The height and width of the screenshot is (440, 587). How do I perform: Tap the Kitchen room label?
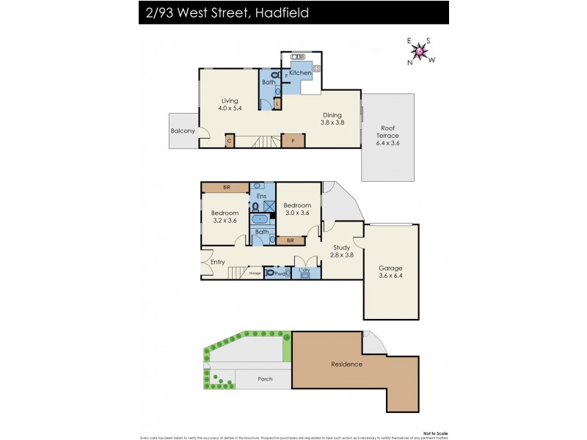pos(299,73)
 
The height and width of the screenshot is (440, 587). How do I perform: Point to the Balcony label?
pos(183,131)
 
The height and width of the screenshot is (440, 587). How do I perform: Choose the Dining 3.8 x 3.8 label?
pos(333,118)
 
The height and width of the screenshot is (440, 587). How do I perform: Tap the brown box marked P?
pos(293,140)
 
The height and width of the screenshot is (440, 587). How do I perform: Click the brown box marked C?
pos(230,140)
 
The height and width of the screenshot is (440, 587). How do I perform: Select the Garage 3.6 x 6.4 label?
pos(390,271)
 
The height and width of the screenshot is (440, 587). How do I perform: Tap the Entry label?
pos(218,262)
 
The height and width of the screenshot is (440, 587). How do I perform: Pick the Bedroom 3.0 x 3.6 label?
pos(297,209)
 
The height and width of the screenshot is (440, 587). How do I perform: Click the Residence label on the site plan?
pos(346,364)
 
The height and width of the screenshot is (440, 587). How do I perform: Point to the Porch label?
pos(265,379)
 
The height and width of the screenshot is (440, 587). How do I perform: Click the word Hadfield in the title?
pos(271,12)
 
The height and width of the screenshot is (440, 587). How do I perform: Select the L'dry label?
pos(305,271)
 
